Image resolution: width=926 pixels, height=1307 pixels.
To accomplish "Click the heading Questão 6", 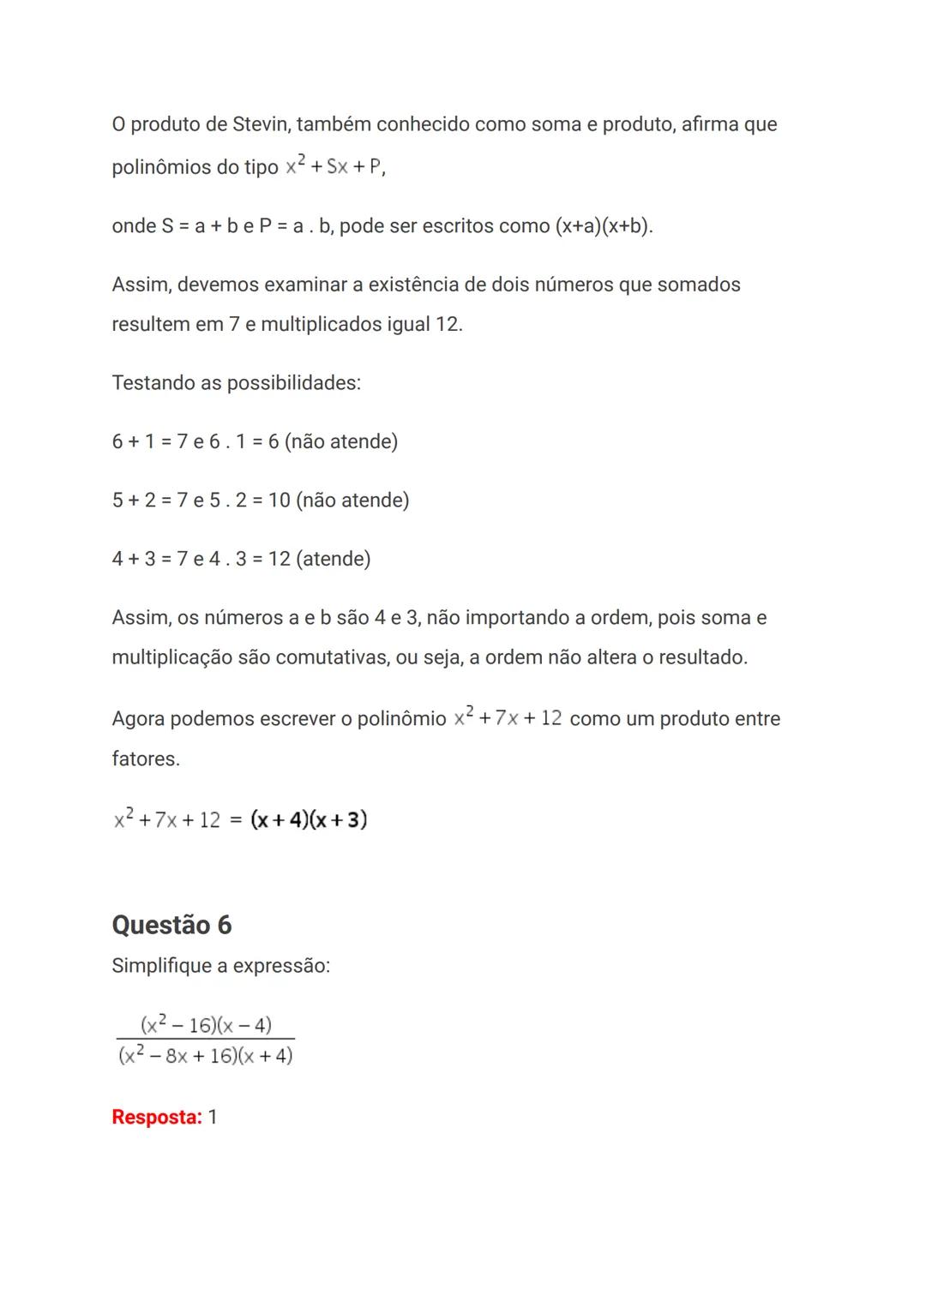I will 171,925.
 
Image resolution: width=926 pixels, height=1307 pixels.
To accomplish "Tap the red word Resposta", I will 156,1118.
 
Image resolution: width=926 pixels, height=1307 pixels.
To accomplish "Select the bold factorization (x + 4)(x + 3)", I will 309,820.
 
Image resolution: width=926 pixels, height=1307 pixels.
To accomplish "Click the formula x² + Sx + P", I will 334,166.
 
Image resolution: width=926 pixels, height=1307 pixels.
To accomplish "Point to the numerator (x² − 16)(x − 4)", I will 206,1024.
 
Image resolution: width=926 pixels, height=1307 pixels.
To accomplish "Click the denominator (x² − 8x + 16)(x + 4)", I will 206,1055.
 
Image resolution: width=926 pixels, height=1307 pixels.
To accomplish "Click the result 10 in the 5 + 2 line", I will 280,501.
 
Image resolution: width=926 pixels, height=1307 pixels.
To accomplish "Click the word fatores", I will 145,759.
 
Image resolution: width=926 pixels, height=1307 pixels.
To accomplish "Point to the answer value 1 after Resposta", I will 213,1118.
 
